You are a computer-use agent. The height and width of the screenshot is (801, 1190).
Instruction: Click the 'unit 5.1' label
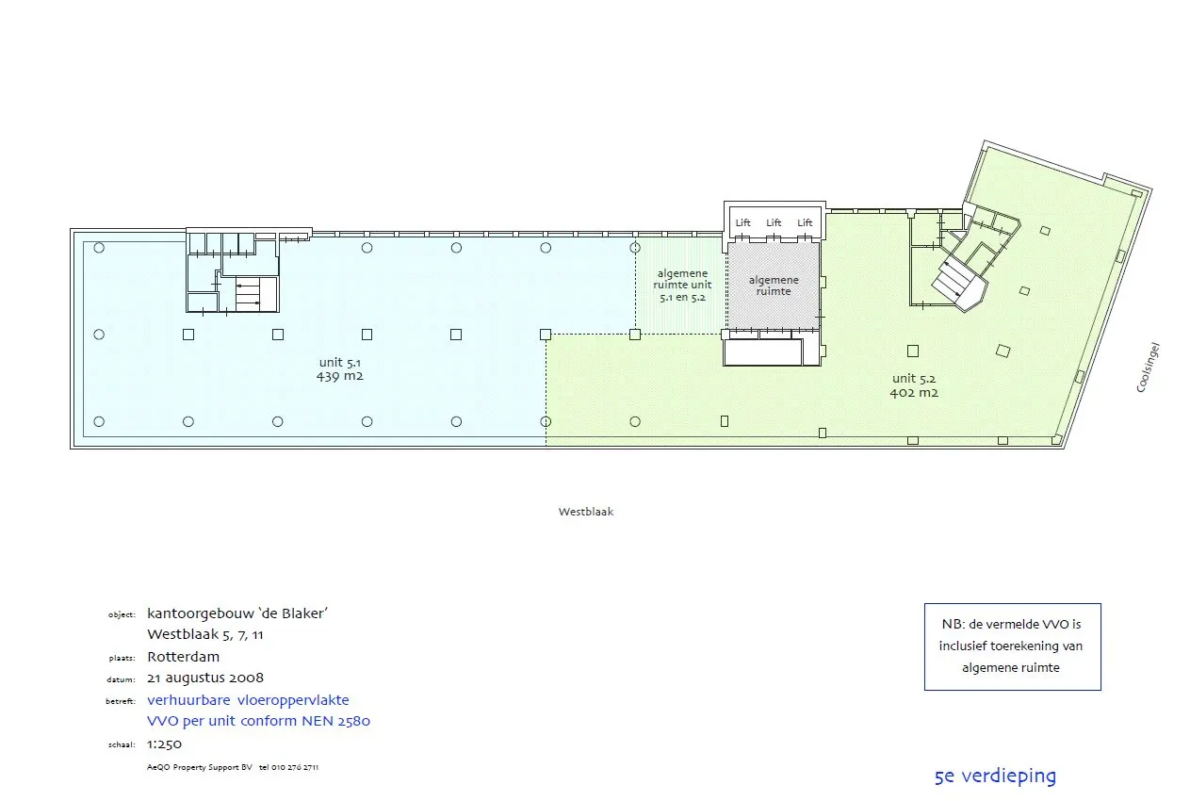coord(340,362)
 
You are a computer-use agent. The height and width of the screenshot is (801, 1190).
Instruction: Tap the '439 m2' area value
coord(340,376)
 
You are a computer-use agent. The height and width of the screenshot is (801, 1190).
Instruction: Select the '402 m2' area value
coord(914,393)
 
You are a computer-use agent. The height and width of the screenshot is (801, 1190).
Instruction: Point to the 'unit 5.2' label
coord(914,379)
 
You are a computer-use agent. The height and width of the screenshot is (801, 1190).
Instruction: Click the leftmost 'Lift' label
coord(743,222)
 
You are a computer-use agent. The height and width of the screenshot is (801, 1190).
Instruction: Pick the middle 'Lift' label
coord(774,222)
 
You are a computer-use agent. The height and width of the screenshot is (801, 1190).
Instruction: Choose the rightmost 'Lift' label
coord(805,222)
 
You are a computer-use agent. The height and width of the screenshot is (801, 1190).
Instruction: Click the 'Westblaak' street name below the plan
coord(585,512)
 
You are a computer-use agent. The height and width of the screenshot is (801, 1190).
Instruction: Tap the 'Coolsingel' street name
coord(1147,368)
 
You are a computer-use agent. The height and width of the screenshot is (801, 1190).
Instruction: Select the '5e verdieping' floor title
coord(995,776)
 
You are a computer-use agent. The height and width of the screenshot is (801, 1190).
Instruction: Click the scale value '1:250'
coord(165,744)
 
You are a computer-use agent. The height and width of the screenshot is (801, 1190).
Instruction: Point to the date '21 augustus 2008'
coord(205,678)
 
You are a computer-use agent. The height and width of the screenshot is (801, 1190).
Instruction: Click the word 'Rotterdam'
coord(183,657)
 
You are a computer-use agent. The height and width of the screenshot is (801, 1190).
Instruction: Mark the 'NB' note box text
coord(1012,646)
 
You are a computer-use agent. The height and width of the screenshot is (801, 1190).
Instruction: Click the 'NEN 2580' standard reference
coord(335,722)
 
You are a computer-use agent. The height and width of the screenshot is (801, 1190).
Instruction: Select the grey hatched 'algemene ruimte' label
coord(774,286)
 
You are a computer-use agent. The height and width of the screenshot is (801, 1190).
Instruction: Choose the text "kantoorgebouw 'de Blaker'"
coord(237,613)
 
